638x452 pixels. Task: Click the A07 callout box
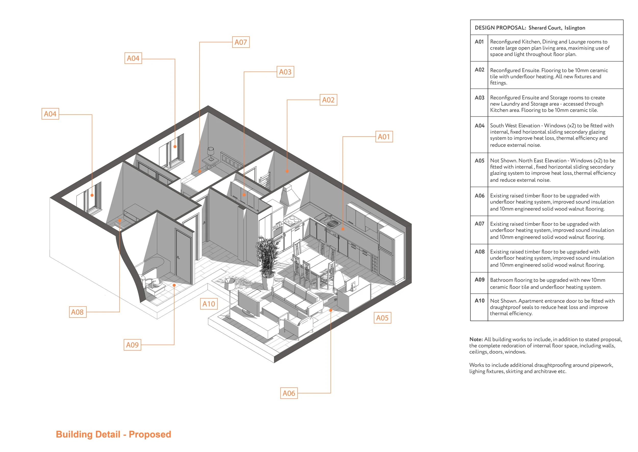click(x=241, y=42)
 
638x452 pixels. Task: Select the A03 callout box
click(x=285, y=72)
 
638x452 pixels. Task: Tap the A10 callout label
click(x=208, y=304)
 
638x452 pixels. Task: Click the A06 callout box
click(x=289, y=393)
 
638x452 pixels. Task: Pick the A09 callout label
click(x=132, y=345)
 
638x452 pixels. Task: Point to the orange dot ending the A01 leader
click(x=343, y=229)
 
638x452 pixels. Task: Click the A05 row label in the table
click(x=479, y=161)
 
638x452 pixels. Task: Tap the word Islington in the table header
click(x=575, y=28)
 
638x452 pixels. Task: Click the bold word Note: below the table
click(x=476, y=339)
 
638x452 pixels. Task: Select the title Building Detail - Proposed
click(x=113, y=434)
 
